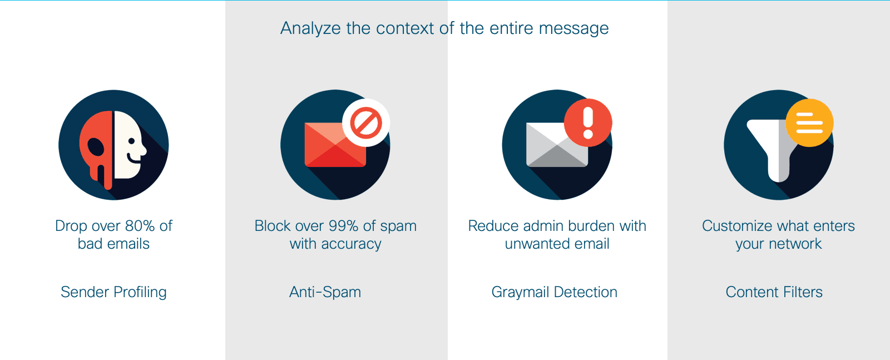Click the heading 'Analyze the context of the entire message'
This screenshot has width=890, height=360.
coord(444,28)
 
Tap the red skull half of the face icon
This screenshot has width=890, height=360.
coord(96,149)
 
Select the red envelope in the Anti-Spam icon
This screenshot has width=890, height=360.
coord(335,145)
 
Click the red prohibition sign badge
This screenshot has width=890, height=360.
coord(366,122)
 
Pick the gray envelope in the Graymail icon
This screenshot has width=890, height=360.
coord(557,145)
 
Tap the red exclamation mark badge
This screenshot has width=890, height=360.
coord(588,122)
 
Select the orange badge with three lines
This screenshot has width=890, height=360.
coord(810,122)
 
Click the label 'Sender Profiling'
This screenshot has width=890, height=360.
coord(113,292)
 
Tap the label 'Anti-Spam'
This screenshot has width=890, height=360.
coord(325,292)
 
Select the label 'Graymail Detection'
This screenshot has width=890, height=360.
coord(554,292)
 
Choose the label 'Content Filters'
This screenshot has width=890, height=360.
coord(774,292)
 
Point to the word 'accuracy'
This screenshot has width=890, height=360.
coord(351,244)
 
